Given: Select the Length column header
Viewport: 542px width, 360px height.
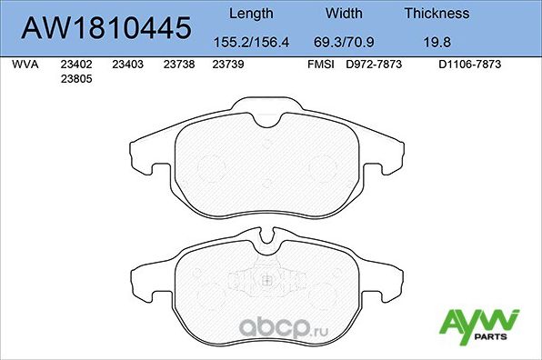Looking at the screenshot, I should point(250,14).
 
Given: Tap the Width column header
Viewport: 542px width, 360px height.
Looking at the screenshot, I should point(344,14).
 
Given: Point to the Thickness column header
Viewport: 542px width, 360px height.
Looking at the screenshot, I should point(437,14).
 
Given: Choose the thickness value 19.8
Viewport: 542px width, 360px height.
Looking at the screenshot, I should point(437,41).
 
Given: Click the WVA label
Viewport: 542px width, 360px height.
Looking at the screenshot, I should point(24,65).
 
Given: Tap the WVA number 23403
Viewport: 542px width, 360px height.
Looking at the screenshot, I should point(127,65).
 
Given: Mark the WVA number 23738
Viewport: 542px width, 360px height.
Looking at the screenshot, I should point(179,65).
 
